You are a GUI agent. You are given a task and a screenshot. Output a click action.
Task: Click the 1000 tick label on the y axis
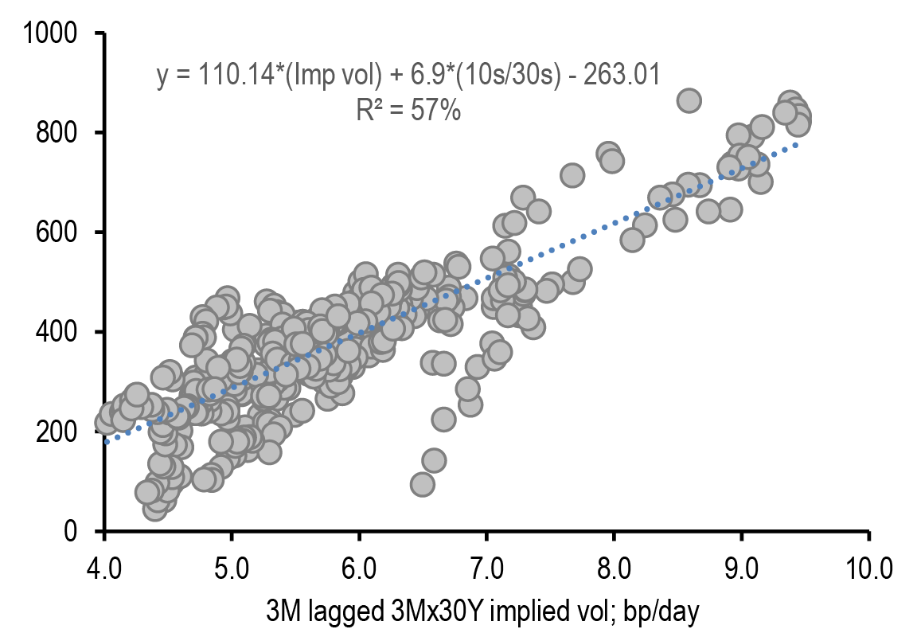click(50, 33)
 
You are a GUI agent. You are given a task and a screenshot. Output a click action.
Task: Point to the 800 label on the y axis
click(60, 133)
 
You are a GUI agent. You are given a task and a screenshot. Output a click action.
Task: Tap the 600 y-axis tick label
click(60, 232)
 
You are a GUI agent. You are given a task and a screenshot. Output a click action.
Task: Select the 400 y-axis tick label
click(60, 332)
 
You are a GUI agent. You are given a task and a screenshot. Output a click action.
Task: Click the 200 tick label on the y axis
click(60, 432)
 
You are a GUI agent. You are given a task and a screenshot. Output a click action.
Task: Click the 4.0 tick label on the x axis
click(103, 569)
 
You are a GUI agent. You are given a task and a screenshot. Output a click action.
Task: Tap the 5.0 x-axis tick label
click(232, 569)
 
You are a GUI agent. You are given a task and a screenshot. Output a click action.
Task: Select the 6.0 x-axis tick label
click(359, 569)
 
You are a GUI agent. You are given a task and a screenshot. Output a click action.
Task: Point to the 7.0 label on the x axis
click(486, 569)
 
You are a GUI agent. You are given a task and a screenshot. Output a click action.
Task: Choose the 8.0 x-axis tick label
click(614, 569)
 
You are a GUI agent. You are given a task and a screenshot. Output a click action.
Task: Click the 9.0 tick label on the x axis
click(741, 569)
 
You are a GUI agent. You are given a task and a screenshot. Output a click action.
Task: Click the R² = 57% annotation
click(408, 111)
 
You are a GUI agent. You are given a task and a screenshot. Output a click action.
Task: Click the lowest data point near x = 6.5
click(423, 484)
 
